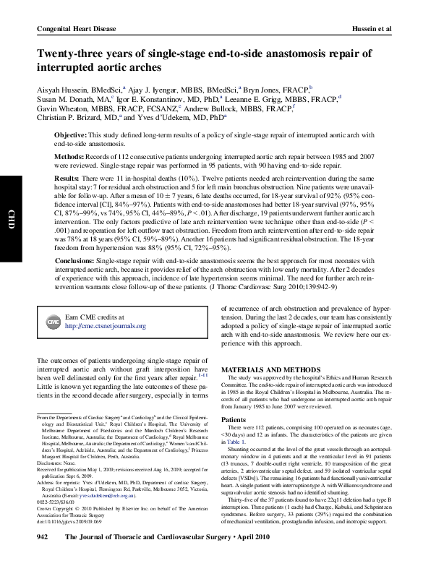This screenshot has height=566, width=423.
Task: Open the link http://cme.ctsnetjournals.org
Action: (106, 326)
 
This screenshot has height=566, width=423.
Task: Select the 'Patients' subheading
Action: (233, 419)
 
